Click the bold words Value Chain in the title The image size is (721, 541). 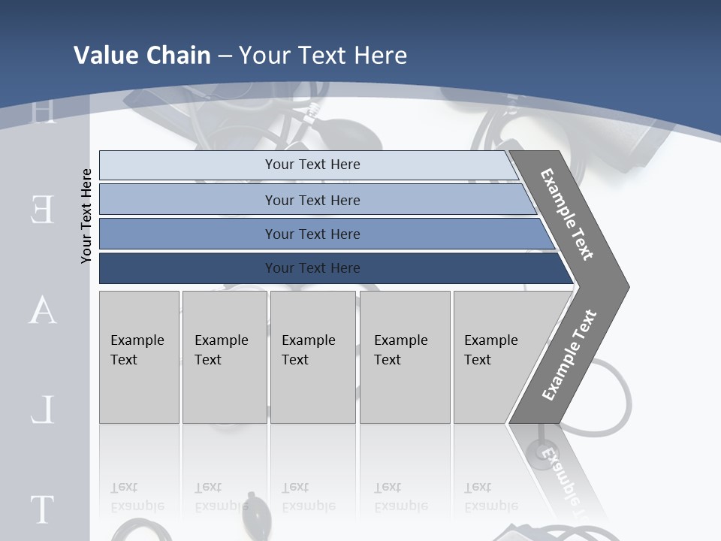click(x=142, y=56)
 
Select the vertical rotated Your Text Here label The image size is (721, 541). click(x=86, y=216)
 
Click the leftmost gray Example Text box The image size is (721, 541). click(x=139, y=357)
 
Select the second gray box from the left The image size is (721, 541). click(x=225, y=357)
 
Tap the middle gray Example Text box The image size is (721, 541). click(x=312, y=357)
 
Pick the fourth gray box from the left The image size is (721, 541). click(x=405, y=357)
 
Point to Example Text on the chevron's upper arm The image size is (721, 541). click(x=567, y=214)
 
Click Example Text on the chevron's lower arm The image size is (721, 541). click(x=569, y=355)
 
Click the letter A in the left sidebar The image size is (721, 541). click(x=42, y=310)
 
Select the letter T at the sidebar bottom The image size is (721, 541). click(x=42, y=509)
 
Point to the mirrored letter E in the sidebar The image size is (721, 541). click(x=42, y=210)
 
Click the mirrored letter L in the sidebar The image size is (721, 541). click(x=42, y=410)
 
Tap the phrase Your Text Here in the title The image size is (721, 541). click(x=323, y=56)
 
